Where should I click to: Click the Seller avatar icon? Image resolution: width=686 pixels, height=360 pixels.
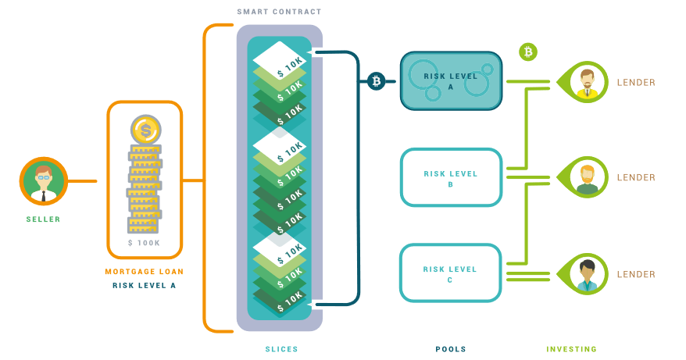point(43,181)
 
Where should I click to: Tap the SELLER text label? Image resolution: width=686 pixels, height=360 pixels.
point(43,219)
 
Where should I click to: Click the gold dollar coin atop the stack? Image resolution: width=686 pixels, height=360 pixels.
point(145,130)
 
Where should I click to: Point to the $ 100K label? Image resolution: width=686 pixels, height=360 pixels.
point(145,244)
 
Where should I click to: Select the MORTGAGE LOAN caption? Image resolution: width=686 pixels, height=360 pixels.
point(145,272)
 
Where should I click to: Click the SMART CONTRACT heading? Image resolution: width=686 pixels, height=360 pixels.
point(279,12)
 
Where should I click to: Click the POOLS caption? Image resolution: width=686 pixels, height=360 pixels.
point(451,349)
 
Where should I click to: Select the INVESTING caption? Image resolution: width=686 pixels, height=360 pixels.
point(571,349)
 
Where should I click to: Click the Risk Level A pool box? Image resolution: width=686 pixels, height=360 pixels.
point(451,81)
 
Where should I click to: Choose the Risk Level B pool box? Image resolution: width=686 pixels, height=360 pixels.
point(451,178)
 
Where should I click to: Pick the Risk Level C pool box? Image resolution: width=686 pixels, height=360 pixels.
point(451,273)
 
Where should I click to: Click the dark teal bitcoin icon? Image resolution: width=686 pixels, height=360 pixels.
point(376,80)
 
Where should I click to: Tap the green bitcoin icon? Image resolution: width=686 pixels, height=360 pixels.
point(528,52)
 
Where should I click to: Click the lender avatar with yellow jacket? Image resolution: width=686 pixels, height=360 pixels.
point(585,82)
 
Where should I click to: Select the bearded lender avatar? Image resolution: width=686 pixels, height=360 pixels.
point(586,178)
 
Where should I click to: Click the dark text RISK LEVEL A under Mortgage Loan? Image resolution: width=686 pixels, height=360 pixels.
point(145,286)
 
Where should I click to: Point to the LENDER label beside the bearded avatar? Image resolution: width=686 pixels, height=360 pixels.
point(636,178)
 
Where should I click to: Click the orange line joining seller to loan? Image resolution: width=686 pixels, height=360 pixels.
point(82,181)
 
